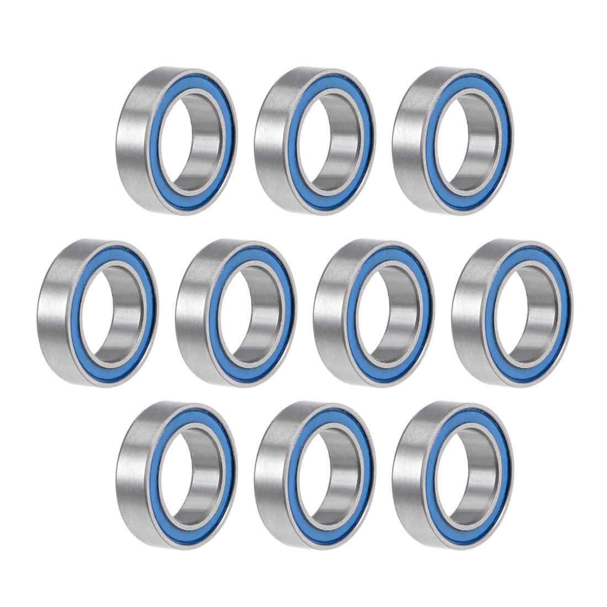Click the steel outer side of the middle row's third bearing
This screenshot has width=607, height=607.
click(326, 315)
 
